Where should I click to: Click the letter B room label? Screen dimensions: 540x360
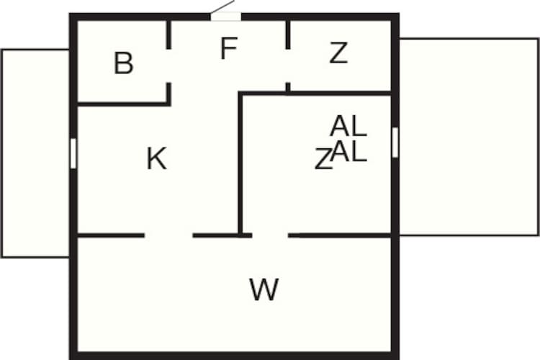click(x=123, y=63)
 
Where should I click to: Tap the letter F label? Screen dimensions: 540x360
click(x=229, y=48)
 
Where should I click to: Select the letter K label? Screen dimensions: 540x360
click(x=157, y=158)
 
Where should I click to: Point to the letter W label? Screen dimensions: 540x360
click(x=264, y=289)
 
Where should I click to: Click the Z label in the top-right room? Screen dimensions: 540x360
click(x=338, y=53)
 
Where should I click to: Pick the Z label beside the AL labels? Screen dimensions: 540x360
click(x=323, y=159)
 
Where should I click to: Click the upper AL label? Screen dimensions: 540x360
click(x=348, y=126)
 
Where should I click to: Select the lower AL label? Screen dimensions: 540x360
click(x=348, y=151)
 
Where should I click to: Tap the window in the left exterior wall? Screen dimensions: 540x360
click(x=73, y=153)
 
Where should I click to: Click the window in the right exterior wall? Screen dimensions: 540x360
click(x=395, y=143)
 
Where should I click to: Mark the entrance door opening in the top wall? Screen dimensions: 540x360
click(x=225, y=16)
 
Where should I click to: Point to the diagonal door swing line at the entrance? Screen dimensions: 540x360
click(x=222, y=7)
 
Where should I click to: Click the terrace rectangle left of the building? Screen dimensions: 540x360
click(x=35, y=153)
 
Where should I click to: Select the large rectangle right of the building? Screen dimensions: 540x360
click(x=469, y=137)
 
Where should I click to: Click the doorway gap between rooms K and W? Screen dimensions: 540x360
click(x=168, y=235)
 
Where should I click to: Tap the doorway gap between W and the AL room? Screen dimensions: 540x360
click(x=270, y=235)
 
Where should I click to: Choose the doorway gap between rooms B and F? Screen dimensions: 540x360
click(x=168, y=66)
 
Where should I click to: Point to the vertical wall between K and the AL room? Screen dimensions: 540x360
click(x=240, y=163)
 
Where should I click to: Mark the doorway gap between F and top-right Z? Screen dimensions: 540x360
click(x=288, y=66)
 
